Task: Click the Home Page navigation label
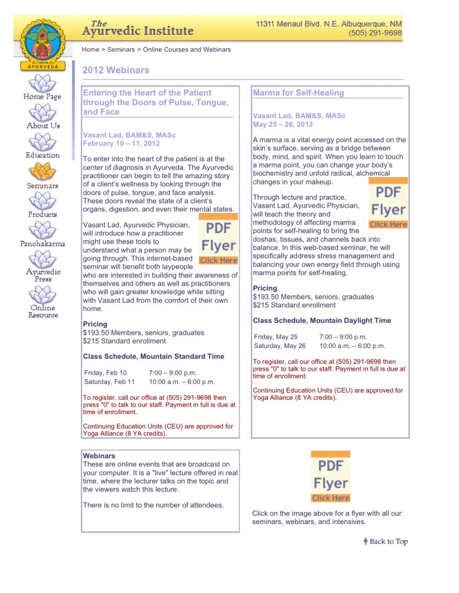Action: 42,97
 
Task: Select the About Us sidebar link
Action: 43,126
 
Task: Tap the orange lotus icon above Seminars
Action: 42,171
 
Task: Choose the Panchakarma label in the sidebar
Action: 42,244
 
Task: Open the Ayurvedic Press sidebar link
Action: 42,275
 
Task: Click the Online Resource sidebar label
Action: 43,312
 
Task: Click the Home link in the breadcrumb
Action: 91,50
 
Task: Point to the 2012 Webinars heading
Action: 116,70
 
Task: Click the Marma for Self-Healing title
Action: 298,93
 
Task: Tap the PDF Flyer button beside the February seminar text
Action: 218,239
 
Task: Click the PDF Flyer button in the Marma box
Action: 388,204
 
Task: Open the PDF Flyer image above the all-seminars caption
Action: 331,476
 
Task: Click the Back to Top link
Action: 385,541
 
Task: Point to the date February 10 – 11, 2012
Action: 121,143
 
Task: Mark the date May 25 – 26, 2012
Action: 282,124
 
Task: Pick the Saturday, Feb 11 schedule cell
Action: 109,382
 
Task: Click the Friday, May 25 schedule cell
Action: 275,337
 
